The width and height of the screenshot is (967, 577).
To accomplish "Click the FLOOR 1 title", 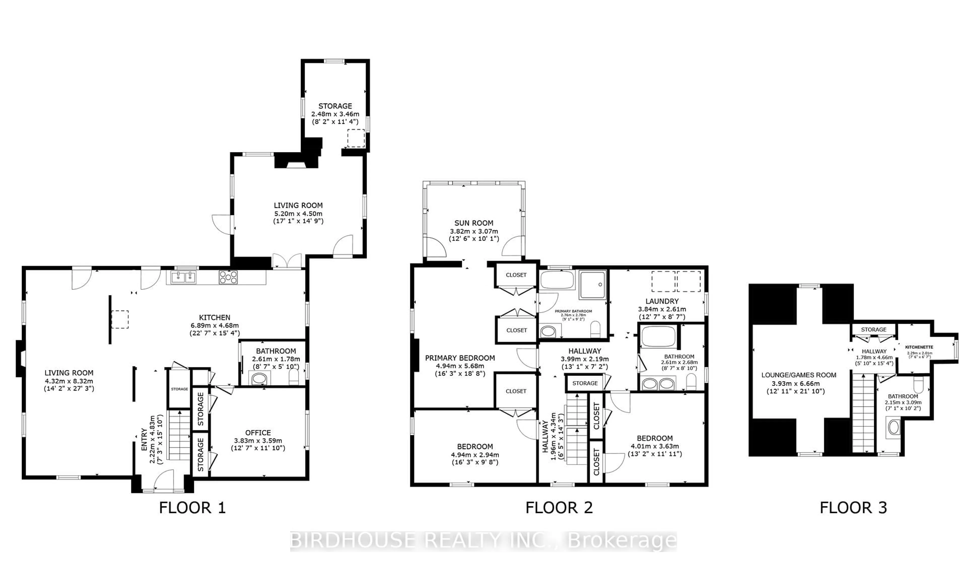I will [192, 508].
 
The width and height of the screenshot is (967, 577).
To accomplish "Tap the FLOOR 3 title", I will [853, 508].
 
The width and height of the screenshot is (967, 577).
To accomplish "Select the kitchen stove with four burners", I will [228, 277].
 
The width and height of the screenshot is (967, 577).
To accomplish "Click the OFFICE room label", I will [258, 433].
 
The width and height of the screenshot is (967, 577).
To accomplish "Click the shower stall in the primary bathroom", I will [592, 285].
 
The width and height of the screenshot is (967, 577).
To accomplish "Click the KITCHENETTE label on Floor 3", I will [919, 347].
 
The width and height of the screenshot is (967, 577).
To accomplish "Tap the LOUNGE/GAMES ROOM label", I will [799, 375].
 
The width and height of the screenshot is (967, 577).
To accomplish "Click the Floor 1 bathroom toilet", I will [294, 377].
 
